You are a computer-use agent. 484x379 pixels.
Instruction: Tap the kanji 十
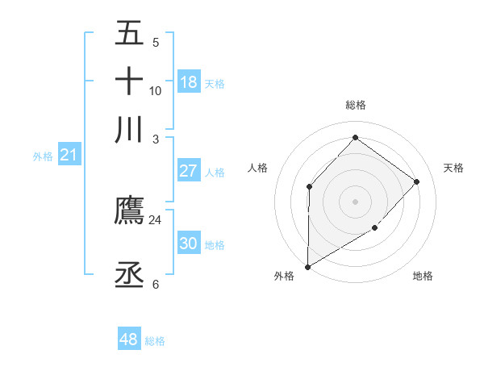[129, 81]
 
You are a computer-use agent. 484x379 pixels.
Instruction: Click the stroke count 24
[156, 219]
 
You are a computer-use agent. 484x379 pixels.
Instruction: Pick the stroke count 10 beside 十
[156, 90]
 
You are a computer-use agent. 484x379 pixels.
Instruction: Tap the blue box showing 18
[189, 82]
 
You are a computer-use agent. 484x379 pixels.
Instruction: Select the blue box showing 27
[189, 171]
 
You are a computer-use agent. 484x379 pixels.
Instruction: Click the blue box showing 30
[189, 244]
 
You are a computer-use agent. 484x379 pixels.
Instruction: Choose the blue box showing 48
[129, 339]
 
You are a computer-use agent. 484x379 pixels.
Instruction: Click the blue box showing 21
[68, 155]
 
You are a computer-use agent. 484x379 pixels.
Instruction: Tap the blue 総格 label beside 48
[155, 341]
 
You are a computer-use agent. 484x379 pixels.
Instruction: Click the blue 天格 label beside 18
[215, 83]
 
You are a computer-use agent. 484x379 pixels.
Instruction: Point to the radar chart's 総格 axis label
[355, 105]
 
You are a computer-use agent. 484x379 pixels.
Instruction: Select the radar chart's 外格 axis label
[283, 276]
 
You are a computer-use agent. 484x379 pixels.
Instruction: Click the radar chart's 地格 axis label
[423, 276]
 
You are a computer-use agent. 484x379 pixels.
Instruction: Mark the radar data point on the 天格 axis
[416, 181]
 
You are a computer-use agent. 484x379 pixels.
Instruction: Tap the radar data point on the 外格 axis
[307, 266]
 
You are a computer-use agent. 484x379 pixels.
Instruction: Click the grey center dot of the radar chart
[355, 201]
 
